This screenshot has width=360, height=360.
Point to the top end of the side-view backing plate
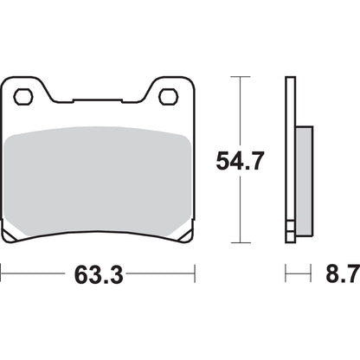click(291, 80)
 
